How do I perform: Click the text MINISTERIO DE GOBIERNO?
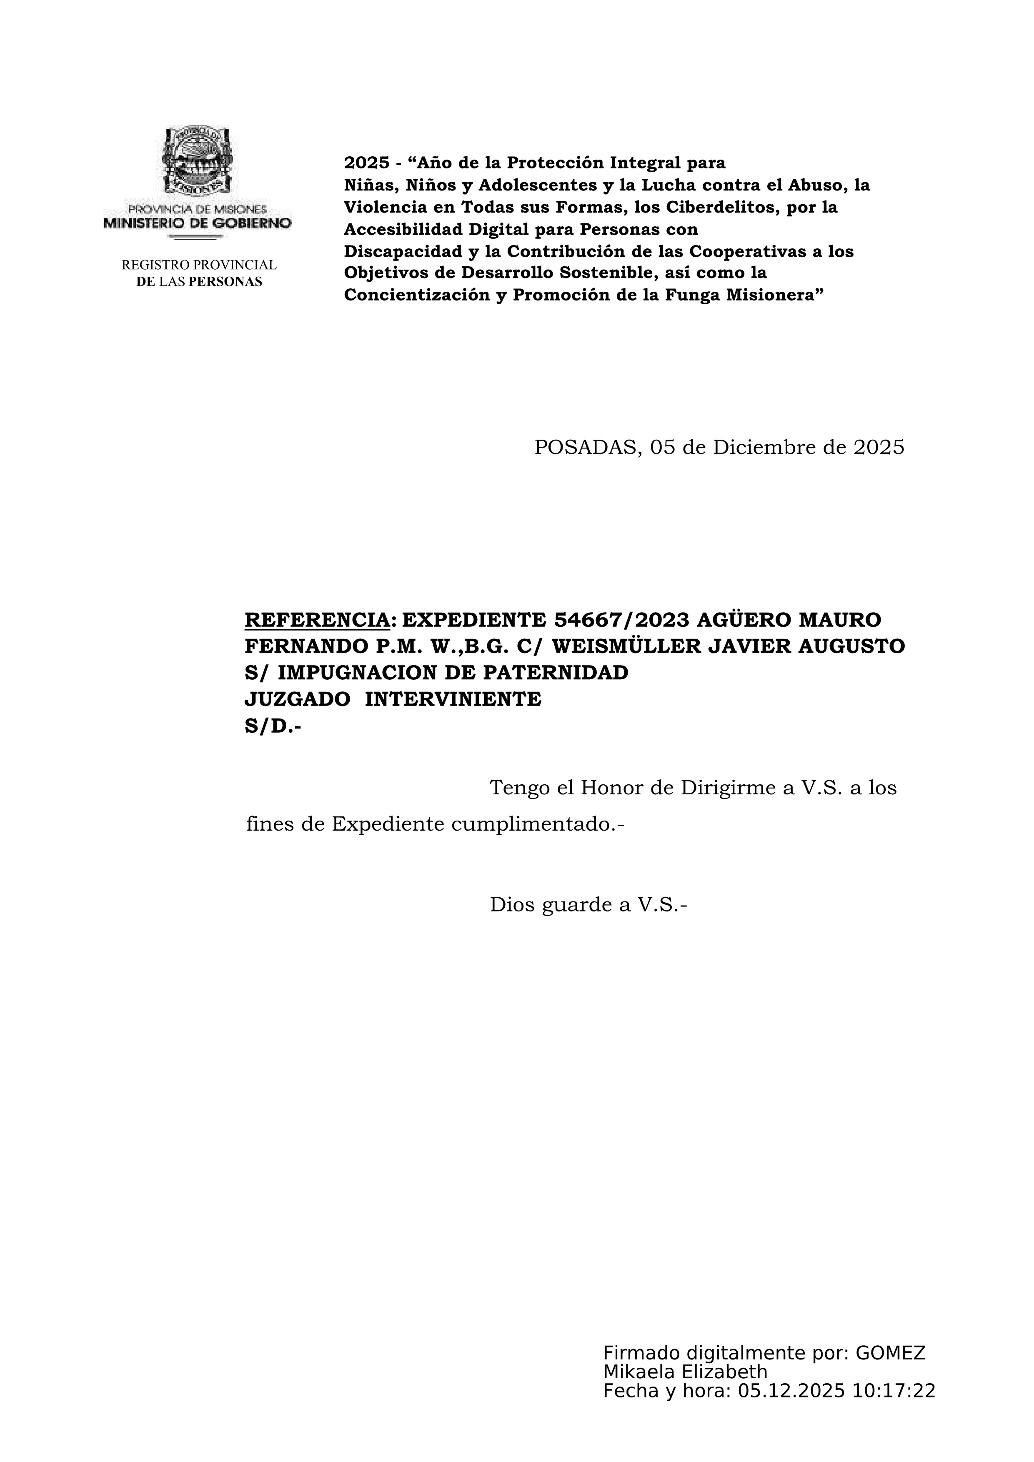click(198, 223)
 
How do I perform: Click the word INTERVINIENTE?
click(453, 699)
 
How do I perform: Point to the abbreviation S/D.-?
click(273, 726)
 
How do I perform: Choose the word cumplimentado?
click(537, 825)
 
